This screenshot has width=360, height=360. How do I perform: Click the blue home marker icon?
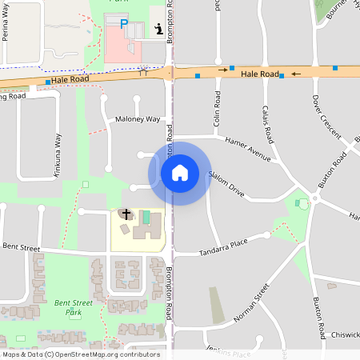180,172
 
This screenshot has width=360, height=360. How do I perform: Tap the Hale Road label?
259,74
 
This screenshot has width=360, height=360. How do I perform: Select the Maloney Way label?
138,119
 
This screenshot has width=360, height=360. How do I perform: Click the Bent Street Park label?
73,308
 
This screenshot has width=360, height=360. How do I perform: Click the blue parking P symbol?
123,25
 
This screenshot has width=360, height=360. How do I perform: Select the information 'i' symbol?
158,30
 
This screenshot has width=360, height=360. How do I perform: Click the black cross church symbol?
126,214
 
